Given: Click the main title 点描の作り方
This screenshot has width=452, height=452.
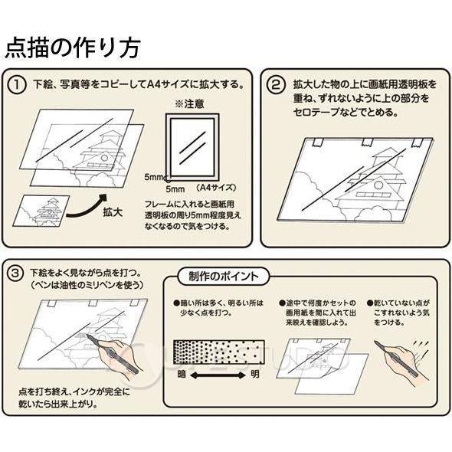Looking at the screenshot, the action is [x=73, y=47].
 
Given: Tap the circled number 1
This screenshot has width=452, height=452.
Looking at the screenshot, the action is [x=17, y=85].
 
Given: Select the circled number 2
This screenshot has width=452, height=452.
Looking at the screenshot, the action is [x=276, y=85].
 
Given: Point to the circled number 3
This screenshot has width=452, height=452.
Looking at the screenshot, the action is [x=15, y=273].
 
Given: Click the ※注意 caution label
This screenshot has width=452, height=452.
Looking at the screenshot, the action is [x=189, y=104].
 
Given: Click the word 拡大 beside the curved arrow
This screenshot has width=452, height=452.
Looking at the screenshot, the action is [x=113, y=212].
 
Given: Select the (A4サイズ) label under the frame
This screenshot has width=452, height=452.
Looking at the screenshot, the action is [x=216, y=188].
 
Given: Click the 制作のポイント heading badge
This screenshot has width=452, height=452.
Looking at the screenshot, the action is [x=224, y=276].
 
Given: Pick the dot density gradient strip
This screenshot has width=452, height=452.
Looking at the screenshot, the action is [x=219, y=352].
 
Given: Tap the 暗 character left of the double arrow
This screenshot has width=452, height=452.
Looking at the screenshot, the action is [x=182, y=375].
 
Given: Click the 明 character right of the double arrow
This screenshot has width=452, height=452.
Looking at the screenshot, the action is [x=255, y=375].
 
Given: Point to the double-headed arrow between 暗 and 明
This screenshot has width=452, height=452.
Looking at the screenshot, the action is [x=218, y=375].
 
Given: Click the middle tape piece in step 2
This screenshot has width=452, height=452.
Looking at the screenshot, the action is [x=367, y=142].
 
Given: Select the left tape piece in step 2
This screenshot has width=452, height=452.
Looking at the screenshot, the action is [x=318, y=142].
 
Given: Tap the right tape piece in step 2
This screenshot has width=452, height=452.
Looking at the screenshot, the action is [x=417, y=142].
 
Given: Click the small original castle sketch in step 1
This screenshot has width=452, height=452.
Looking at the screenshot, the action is [x=41, y=211].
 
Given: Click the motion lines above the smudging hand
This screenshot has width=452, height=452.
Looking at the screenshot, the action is [x=421, y=346].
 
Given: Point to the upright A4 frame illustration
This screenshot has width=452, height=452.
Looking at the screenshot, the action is [x=192, y=147].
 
